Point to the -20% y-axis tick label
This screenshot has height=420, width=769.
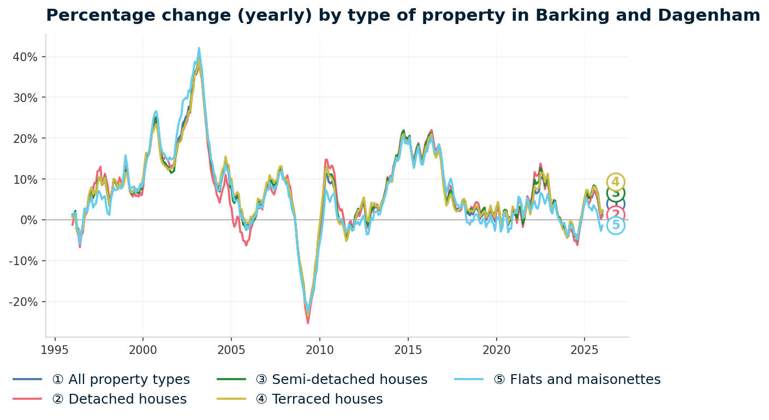pos(23,302)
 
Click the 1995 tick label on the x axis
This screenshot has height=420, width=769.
pos(55,350)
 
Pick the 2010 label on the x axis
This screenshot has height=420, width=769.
pos(319,350)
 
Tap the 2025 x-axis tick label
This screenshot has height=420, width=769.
pos(584,350)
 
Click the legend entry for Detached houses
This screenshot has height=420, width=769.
pos(119,399)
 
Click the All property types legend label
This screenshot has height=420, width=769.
pos(121,380)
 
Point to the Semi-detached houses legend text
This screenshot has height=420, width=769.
pos(341,380)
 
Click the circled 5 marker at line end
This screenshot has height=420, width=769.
pos(616,225)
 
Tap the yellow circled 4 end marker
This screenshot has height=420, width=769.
pos(616,182)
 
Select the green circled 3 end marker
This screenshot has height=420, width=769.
pos(616,193)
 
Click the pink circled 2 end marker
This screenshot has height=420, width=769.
pos(616,214)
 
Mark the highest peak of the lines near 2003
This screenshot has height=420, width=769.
pos(199,48)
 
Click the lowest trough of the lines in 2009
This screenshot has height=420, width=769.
pos(308,323)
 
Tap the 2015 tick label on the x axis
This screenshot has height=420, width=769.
pos(408,350)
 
